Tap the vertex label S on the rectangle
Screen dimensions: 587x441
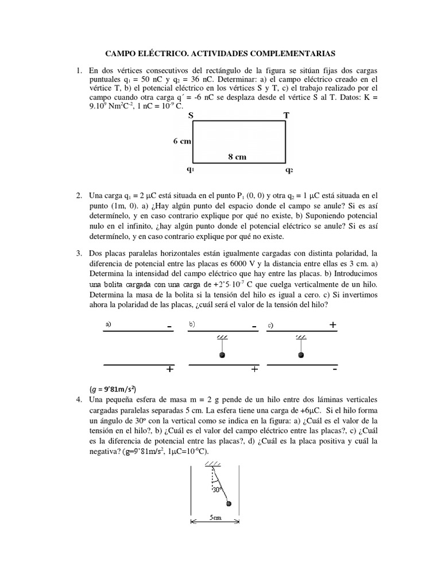coord(191,116)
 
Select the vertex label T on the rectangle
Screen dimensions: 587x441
coord(287,116)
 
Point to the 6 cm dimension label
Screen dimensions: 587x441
coord(181,142)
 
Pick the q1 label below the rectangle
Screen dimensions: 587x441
coord(190,170)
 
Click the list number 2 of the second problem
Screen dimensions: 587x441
coord(79,196)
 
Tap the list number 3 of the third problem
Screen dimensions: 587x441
coord(79,253)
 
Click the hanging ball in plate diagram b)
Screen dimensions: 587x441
coord(222,355)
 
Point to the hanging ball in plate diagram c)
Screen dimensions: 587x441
coord(301,355)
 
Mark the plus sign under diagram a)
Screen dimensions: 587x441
coord(169,370)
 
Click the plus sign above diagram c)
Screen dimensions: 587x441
coord(332,325)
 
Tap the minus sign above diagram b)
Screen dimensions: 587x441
coord(253,326)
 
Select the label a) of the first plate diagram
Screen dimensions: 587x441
coord(108,324)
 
